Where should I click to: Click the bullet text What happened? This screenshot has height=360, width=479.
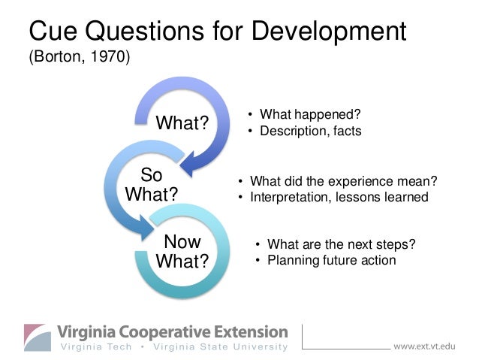310,114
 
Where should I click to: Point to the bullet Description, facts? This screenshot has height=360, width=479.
310,131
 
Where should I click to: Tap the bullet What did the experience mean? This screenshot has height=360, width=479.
342,181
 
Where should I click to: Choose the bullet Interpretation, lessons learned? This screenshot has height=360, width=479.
339,198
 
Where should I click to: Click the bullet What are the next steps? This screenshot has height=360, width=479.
341,244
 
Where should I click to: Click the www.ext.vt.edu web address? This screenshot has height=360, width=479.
424,346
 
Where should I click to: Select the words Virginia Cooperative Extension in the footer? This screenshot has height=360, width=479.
173,331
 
